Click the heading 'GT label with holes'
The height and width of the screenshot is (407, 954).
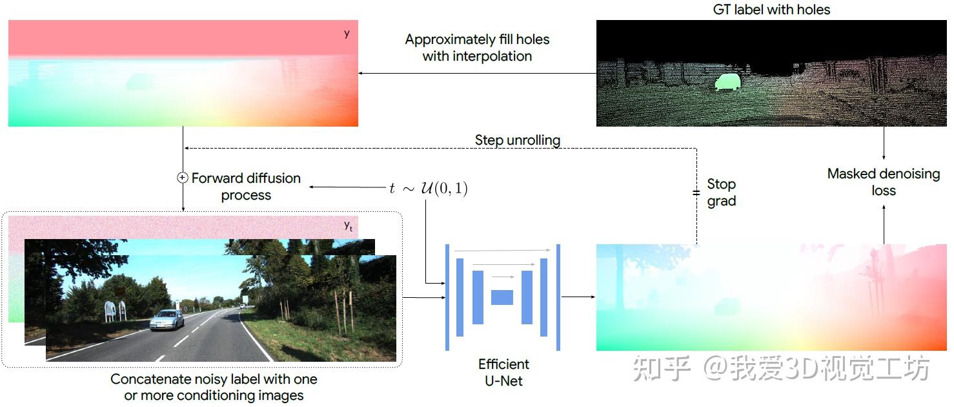tap(771, 10)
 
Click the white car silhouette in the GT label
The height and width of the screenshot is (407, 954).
tap(727, 81)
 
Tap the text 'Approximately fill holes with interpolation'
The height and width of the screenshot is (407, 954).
tap(477, 48)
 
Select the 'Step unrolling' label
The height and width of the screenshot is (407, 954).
tap(517, 140)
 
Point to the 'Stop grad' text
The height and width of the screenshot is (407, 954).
tap(721, 193)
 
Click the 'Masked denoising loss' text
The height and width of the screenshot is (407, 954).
tap(883, 182)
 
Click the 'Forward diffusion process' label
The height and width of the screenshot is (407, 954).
tap(246, 186)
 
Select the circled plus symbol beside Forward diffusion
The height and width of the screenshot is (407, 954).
tap(183, 178)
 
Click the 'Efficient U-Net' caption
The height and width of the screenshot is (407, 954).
tap(503, 372)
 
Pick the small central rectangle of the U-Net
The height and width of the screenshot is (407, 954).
tap(502, 297)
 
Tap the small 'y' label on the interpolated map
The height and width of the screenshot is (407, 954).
tap(347, 33)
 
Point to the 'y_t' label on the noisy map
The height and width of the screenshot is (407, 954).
tap(348, 225)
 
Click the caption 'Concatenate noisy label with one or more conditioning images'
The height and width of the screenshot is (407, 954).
tap(214, 387)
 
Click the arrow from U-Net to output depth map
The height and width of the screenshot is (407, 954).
tap(578, 297)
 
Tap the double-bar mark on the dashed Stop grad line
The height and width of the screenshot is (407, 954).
tap(696, 192)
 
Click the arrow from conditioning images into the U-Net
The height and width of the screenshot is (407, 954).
tap(423, 297)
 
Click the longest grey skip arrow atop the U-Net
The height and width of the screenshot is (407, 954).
tap(502, 250)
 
